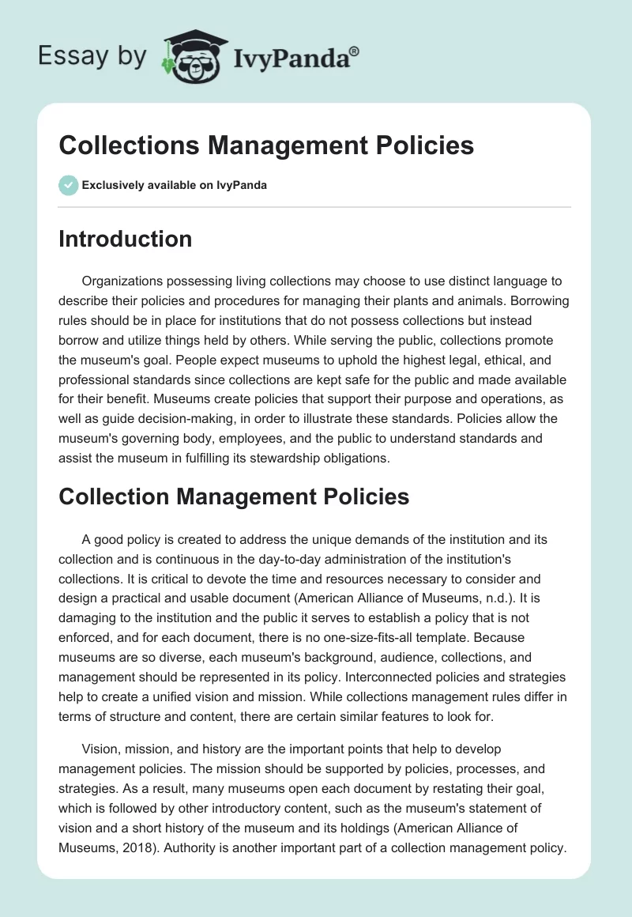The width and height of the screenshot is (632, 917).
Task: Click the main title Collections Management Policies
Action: click(x=266, y=145)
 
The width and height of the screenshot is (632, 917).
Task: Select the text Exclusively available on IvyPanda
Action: click(x=175, y=185)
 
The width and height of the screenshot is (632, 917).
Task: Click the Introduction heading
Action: click(x=125, y=239)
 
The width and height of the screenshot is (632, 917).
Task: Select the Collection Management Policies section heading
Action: click(x=234, y=496)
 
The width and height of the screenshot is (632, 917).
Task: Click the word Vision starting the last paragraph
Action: click(x=100, y=748)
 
